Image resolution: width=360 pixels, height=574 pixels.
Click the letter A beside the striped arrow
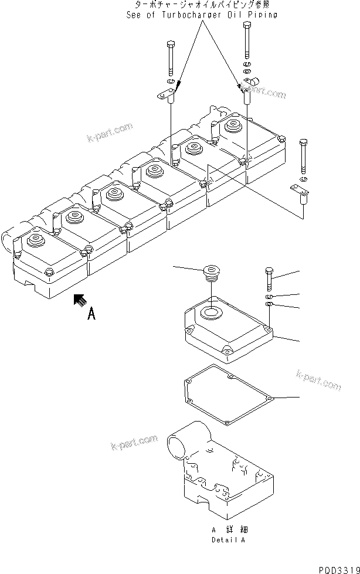click(91, 315)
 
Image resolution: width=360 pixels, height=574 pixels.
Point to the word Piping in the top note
click(264, 15)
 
